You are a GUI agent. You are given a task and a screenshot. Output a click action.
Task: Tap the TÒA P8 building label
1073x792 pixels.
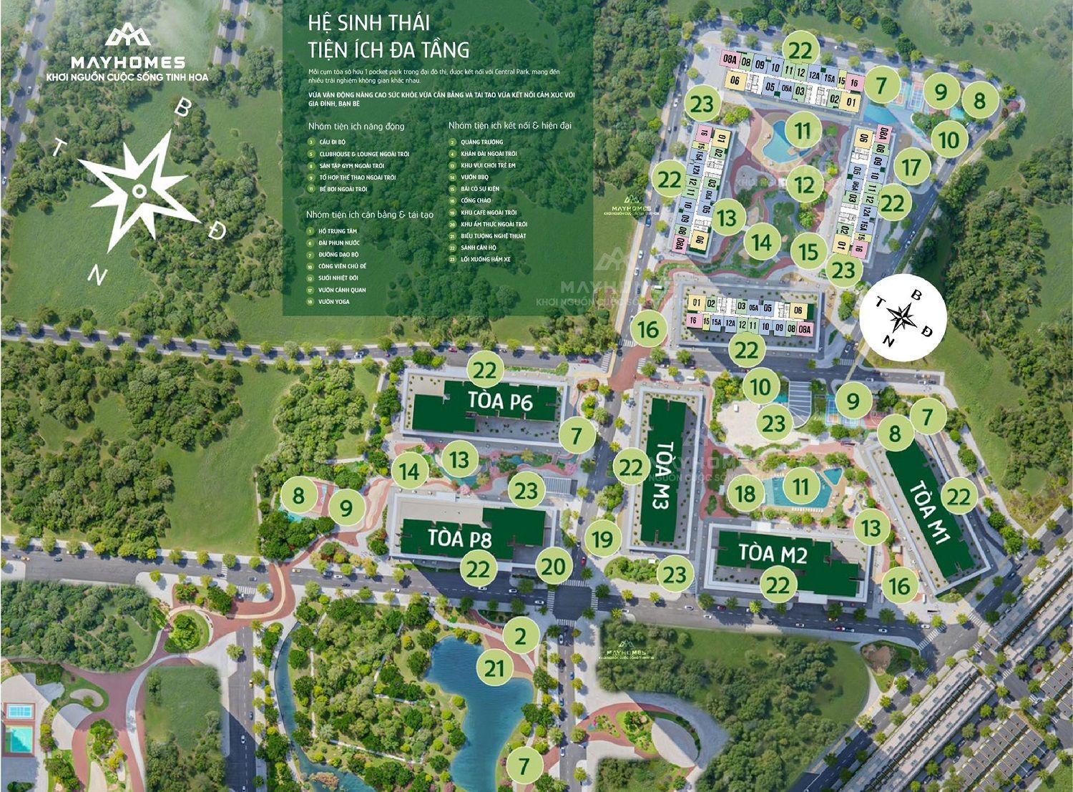[460, 537]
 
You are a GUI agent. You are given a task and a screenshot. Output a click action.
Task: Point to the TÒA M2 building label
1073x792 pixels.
[773, 553]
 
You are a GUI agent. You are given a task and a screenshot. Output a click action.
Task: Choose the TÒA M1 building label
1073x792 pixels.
[931, 514]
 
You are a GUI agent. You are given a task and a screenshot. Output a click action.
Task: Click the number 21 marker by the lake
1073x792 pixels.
[494, 669]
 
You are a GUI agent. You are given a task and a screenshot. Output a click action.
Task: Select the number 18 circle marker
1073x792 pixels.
[745, 494]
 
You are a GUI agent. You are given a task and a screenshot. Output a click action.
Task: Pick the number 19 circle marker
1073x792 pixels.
[602, 538]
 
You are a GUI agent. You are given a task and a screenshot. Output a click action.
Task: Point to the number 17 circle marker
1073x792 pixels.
[911, 167]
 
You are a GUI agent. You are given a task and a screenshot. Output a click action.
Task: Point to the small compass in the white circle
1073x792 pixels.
[905, 315]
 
